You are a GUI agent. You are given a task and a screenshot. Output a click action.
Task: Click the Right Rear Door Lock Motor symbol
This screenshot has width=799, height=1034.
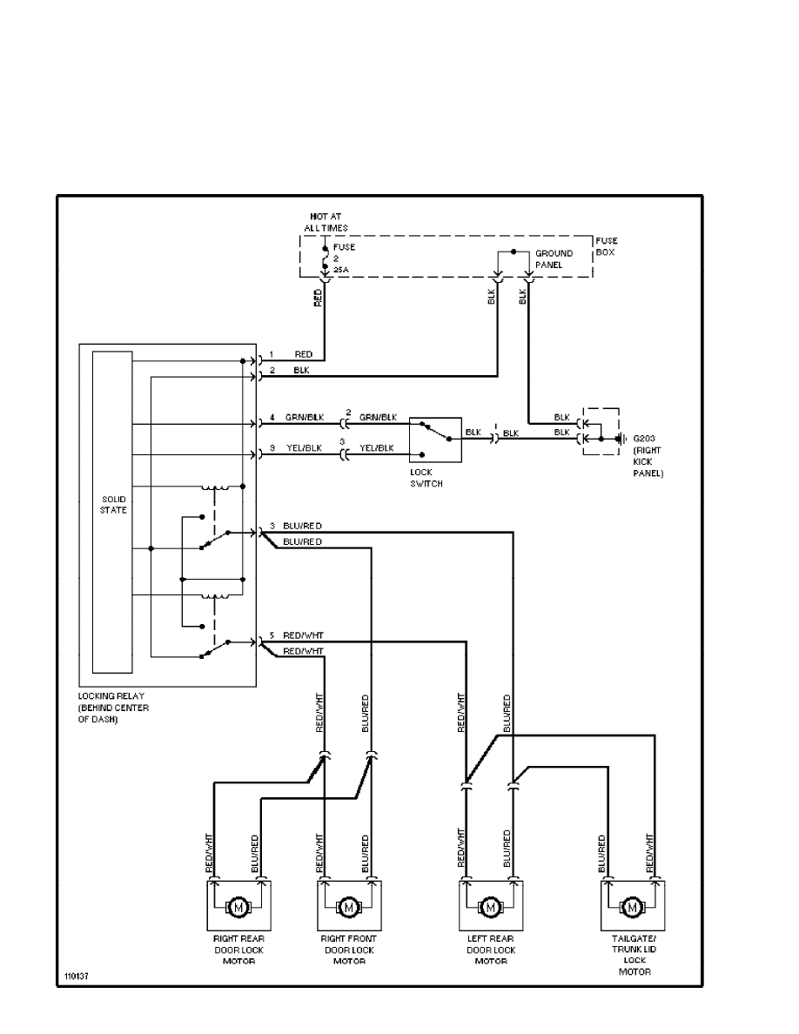238,908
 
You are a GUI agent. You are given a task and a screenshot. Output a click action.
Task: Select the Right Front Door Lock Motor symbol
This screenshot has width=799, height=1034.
348,908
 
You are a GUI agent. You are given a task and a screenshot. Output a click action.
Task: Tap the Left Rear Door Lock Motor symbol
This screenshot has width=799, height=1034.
490,908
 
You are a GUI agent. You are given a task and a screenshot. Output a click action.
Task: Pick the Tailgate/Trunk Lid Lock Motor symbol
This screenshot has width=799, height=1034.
633,908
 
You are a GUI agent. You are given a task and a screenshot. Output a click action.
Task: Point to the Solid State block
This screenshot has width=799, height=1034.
112,514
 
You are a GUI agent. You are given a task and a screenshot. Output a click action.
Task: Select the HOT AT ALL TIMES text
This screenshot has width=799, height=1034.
326,222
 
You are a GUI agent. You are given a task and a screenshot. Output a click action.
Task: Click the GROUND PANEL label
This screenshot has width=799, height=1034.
554,258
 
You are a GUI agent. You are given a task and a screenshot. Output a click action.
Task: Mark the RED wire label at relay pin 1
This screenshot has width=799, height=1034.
303,355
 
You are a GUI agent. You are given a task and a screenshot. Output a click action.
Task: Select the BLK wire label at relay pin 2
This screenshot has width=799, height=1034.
302,371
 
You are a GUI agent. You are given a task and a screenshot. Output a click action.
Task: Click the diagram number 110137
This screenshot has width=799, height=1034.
77,977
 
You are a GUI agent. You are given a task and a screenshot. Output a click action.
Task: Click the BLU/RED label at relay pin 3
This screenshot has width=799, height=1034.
302,526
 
